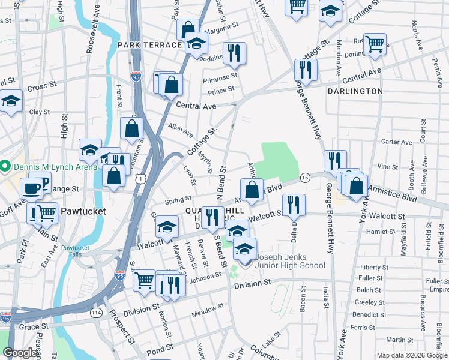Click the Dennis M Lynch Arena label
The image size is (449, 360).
coord(53,166)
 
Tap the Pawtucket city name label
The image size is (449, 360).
coord(83,211)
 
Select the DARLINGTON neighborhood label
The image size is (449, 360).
coord(355,91)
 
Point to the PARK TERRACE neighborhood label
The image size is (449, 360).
coord(149,45)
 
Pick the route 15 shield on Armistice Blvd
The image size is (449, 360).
coord(305,178)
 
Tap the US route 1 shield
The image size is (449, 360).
coord(140,179)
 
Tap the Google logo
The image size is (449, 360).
coord(20,353)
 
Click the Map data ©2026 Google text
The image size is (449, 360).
coord(411,355)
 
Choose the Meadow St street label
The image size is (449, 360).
coord(207,307)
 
